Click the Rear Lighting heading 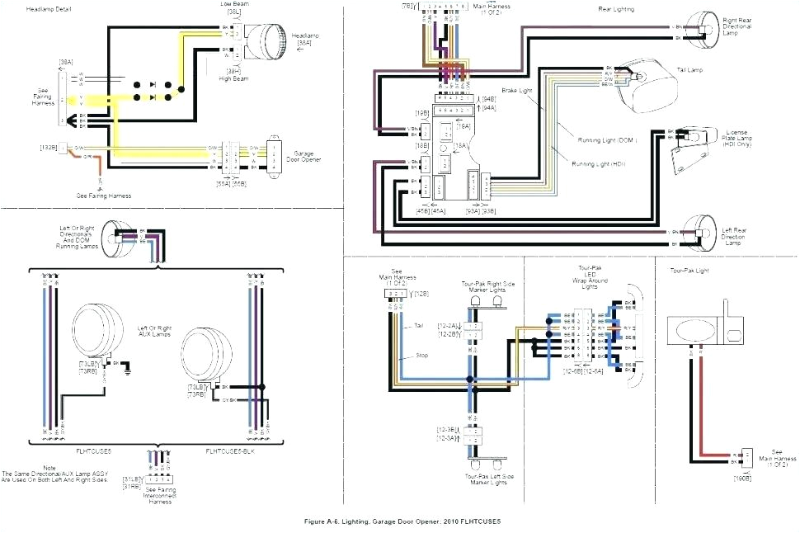(616, 9)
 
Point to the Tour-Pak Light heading (689, 270)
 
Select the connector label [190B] (742, 478)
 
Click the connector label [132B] (47, 147)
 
